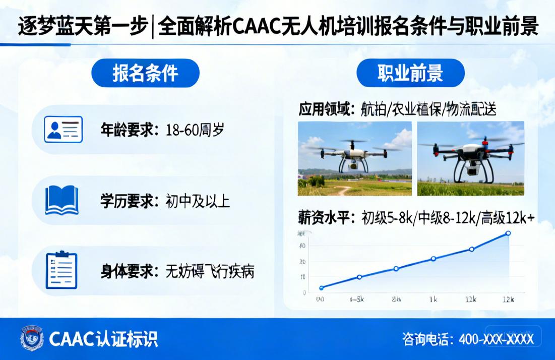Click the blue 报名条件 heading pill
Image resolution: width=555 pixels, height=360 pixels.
(x=145, y=73)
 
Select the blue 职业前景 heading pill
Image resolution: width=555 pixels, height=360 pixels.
(x=410, y=73)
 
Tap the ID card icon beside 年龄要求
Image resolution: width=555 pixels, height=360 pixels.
(x=63, y=129)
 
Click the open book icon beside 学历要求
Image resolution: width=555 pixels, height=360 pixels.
(x=61, y=200)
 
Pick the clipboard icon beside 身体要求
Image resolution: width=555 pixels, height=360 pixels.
(x=61, y=270)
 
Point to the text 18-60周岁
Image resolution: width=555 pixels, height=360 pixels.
(x=195, y=130)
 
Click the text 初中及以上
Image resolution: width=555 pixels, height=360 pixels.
(x=198, y=201)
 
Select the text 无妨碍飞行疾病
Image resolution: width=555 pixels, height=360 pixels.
(x=210, y=272)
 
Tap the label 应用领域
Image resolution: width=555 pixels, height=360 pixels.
(x=326, y=109)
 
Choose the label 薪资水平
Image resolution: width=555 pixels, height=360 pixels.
(x=326, y=218)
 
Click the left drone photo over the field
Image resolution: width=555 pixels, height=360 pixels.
(x=355, y=158)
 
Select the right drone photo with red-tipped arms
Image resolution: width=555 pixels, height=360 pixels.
(x=470, y=158)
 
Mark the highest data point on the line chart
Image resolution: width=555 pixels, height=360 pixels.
(x=508, y=233)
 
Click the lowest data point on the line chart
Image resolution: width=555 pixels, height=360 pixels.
(x=322, y=288)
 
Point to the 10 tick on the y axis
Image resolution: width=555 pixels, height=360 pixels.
(x=302, y=277)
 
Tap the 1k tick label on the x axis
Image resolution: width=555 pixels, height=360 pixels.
(x=433, y=299)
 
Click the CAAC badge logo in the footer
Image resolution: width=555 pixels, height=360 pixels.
(x=32, y=338)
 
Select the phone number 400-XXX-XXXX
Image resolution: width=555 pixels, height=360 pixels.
(x=496, y=339)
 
